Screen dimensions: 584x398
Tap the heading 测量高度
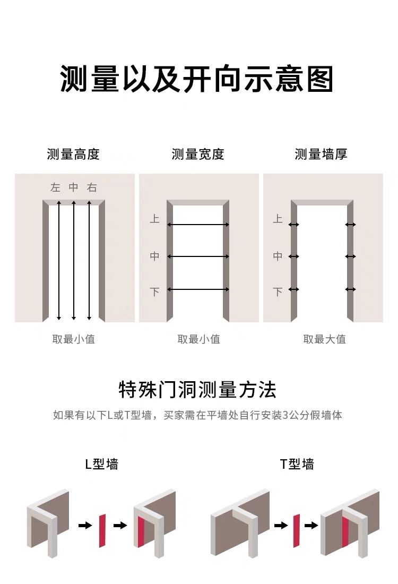coord(73,154)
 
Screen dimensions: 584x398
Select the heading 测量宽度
coord(198,154)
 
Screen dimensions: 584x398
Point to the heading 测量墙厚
coord(321,154)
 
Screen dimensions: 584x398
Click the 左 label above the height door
coord(55,187)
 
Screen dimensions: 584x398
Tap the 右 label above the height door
coord(92,187)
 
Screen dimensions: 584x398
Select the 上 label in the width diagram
coord(154,219)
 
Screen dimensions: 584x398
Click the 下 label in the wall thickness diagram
coord(278,292)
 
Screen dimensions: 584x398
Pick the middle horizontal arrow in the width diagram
coord(198,257)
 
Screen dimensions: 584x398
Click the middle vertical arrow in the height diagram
coord(74,260)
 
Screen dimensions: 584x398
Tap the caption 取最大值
coord(324,339)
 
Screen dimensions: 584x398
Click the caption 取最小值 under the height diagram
coord(73,339)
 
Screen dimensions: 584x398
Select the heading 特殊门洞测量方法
coord(197,390)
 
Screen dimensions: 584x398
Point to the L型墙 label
coord(101,464)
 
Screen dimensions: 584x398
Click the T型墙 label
coord(297,464)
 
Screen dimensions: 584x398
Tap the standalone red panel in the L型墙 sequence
coord(101,530)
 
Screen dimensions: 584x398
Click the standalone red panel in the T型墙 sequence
coord(297,530)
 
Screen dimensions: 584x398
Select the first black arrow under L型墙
coord(85,526)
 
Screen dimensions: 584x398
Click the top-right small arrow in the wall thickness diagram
coord(350,225)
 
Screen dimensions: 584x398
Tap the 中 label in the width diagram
coord(154,256)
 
